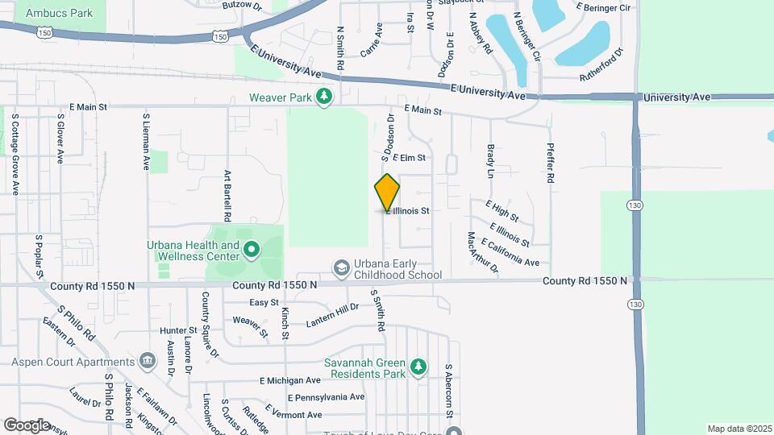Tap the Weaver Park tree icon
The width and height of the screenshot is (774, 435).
324,97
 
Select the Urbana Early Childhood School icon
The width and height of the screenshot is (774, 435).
342,267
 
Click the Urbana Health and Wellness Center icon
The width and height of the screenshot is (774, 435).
251,251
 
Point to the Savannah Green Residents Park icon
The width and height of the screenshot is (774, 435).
418,368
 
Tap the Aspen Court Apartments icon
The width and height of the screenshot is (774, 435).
147,359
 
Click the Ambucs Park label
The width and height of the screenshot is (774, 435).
59,13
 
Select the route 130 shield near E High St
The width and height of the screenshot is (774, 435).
636,206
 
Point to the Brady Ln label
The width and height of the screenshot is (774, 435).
490,161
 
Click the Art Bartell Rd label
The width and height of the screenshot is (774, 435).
227,195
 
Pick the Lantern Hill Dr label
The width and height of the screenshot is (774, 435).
332,315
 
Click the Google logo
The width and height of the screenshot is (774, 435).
27,425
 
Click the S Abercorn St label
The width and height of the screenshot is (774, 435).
448,391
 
